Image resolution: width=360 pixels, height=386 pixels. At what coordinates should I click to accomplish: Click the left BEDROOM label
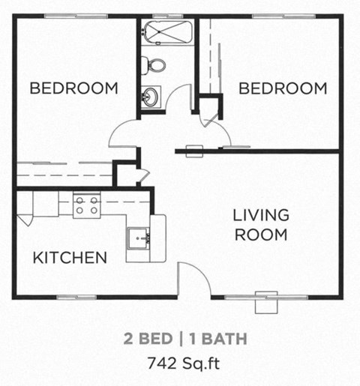73,88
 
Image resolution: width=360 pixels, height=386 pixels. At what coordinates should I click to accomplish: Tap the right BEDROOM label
282,88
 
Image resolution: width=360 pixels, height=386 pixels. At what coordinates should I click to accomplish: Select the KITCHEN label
70,258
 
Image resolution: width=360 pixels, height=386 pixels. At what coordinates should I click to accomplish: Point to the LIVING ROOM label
260,224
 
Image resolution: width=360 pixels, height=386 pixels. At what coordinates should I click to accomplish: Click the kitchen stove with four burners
86,204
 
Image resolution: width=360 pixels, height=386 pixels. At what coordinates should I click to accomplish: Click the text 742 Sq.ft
184,364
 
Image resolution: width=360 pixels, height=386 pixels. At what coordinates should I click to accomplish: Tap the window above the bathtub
167,16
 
